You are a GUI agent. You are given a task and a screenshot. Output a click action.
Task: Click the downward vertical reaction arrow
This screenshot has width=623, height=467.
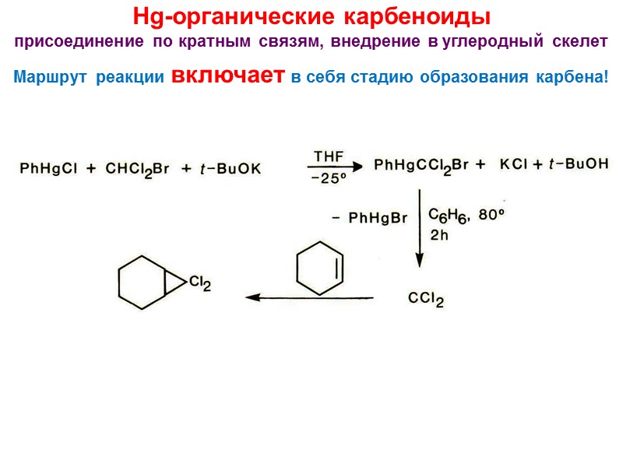(x=419, y=226)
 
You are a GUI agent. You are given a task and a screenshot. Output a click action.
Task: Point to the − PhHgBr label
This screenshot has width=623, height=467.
(x=369, y=219)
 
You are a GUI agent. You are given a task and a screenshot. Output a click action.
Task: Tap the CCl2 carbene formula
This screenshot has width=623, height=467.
(x=426, y=298)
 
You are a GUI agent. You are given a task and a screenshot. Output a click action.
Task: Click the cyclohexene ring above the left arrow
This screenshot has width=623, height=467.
(x=320, y=269)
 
